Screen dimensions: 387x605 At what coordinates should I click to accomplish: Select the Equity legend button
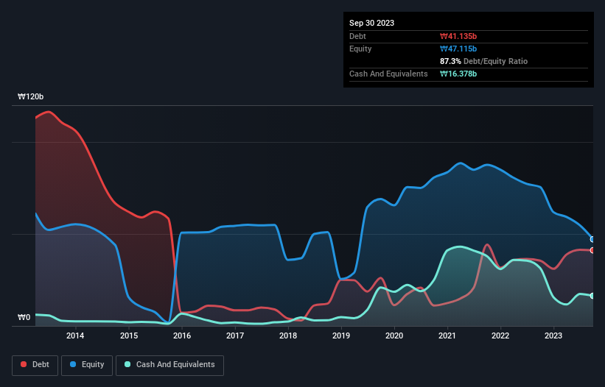point(87,365)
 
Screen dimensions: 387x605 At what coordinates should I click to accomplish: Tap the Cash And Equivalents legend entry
point(169,365)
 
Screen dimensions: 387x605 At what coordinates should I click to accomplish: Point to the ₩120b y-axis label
point(31,97)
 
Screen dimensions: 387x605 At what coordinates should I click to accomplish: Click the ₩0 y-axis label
point(25,318)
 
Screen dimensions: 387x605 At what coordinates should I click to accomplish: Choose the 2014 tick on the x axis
point(75,336)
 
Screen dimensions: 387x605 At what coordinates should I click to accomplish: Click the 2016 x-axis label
point(182,336)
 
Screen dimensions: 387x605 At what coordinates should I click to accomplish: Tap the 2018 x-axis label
point(288,336)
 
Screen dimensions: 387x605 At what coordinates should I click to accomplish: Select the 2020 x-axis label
point(394,336)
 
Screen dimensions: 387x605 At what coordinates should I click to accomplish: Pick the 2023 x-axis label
point(553,336)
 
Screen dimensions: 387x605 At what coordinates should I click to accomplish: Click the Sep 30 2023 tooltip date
point(372,23)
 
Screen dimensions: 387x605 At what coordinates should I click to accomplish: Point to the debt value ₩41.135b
point(459,36)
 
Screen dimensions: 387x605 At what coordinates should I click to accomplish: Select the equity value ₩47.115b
point(459,49)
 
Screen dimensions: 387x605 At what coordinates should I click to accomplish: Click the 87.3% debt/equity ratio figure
point(451,61)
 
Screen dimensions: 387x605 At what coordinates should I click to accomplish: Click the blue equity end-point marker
point(592,239)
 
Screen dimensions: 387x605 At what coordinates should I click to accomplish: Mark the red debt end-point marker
point(592,250)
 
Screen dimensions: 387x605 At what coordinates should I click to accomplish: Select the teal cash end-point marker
point(592,296)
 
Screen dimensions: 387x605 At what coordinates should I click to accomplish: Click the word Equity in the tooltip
point(360,49)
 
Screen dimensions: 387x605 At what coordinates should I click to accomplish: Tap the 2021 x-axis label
point(447,336)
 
